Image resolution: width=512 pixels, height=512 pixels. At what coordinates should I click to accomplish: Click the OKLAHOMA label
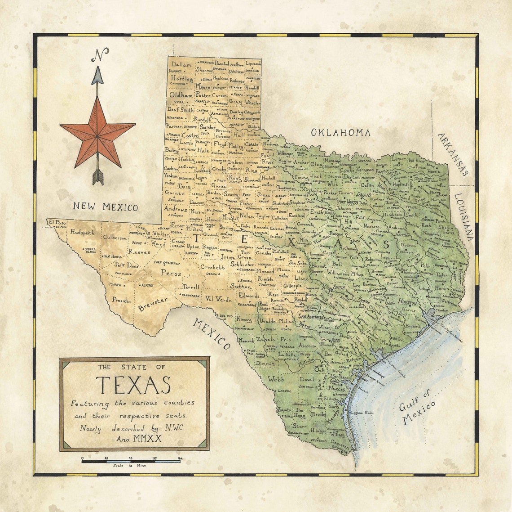click(x=341, y=133)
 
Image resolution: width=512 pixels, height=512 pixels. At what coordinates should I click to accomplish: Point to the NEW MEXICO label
click(x=106, y=207)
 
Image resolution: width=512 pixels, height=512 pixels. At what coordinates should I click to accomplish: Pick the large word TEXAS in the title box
click(x=134, y=385)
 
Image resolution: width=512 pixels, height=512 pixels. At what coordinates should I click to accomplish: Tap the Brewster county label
click(x=153, y=304)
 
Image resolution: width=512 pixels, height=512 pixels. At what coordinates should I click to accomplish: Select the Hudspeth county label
click(x=82, y=233)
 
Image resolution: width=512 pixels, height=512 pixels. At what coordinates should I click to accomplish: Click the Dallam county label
click(x=181, y=64)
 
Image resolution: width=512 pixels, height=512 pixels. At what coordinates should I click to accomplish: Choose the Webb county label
click(x=276, y=379)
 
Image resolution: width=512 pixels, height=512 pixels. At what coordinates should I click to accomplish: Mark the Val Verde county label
click(x=218, y=299)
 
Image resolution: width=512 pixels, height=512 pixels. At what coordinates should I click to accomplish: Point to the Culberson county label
click(x=115, y=237)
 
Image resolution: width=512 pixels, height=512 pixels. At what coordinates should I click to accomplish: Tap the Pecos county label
click(x=171, y=273)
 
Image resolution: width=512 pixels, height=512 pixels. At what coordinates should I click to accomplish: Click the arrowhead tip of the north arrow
click(x=97, y=68)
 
